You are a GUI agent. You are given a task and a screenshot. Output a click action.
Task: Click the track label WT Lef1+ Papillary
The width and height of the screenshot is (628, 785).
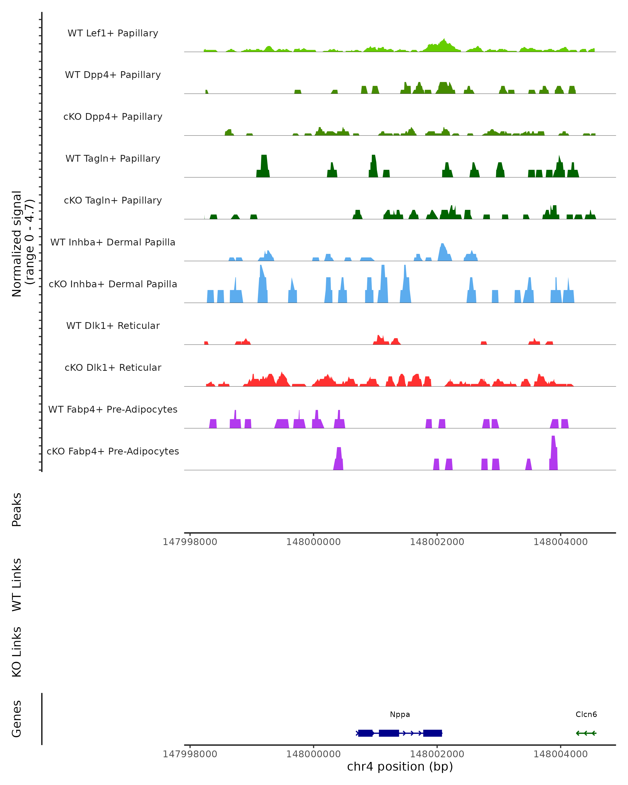(113, 33)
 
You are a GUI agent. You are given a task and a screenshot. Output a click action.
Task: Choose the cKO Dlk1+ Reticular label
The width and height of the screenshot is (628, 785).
(113, 367)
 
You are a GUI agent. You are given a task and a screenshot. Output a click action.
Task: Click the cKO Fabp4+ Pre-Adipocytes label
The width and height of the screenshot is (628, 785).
(113, 451)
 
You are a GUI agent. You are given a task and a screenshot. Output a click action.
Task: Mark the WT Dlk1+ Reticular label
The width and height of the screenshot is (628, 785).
(113, 326)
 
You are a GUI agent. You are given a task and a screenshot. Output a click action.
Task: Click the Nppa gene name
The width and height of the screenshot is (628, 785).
(400, 714)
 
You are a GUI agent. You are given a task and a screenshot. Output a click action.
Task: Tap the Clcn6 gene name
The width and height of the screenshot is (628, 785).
(586, 714)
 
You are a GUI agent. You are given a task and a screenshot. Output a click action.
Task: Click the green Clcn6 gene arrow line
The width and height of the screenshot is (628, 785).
(586, 733)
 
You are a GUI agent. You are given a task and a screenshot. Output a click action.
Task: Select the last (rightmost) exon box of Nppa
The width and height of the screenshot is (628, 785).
(433, 733)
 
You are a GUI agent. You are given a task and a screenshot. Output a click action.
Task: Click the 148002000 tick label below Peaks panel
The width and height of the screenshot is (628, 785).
(437, 542)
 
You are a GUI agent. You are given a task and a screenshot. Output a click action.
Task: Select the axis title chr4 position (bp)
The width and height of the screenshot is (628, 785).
(400, 766)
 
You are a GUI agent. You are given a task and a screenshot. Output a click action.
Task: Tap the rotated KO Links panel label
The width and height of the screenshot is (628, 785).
(17, 652)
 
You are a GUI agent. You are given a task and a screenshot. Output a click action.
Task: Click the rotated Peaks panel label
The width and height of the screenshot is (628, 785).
(17, 509)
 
